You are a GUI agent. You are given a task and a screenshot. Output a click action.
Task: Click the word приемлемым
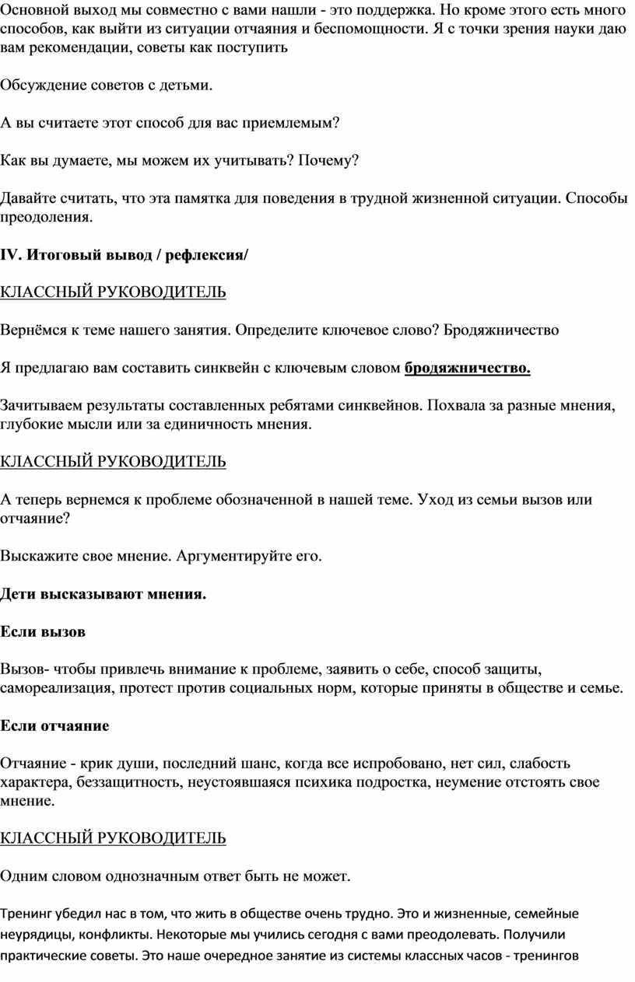pos(293,123)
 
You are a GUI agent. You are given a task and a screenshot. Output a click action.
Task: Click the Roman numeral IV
pos(8,254)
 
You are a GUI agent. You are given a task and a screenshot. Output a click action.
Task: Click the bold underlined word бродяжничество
pos(467,368)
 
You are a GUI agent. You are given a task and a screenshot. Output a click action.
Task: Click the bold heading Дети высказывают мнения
pos(103,594)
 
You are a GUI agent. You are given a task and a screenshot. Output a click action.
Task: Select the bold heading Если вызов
pos(43,631)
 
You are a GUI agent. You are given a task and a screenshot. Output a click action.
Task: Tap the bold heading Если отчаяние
pos(54,725)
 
